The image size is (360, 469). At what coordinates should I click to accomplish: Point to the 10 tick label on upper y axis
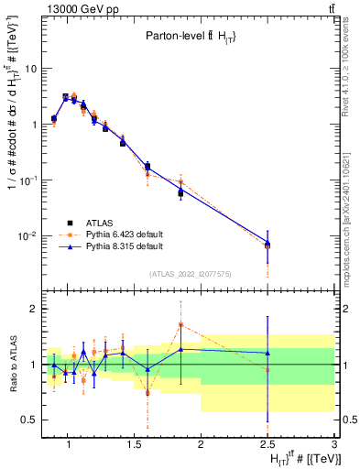click(x=29, y=69)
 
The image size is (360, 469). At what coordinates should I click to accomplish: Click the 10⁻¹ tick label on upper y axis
click(x=27, y=180)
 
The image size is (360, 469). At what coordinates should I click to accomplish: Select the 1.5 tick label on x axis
click(x=136, y=444)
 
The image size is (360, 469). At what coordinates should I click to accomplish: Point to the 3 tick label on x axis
click(x=334, y=444)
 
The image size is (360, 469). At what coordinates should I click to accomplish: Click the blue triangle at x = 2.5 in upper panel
click(x=267, y=243)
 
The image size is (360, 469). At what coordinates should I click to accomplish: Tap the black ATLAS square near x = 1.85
click(x=181, y=193)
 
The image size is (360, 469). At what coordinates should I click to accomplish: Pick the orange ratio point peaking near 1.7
click(x=181, y=324)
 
